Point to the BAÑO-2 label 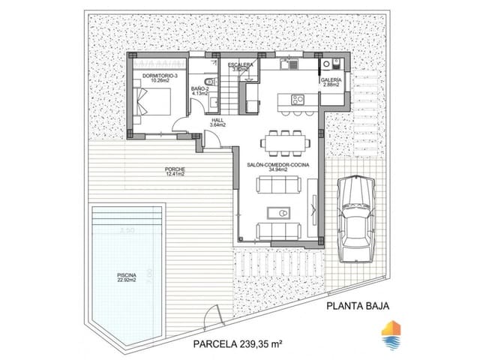(200, 88)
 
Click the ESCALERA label (245, 65)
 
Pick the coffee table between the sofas (280, 212)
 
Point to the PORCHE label (175, 169)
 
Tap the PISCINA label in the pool (126, 275)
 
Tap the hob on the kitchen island (295, 98)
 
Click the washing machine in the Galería (336, 64)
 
